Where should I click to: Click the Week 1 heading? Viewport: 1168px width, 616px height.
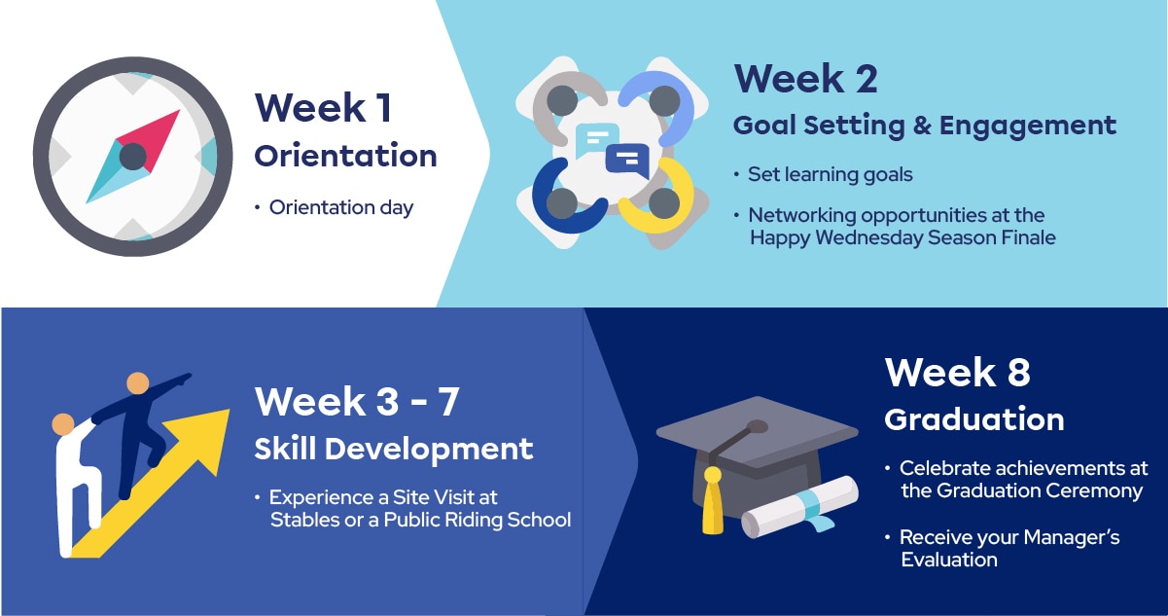click(x=324, y=108)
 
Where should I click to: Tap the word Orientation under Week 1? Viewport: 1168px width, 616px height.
click(x=345, y=156)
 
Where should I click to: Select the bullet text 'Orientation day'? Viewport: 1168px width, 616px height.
click(x=340, y=207)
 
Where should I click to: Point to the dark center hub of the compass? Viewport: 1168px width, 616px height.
click(x=133, y=156)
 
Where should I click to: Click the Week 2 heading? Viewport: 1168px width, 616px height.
click(x=805, y=79)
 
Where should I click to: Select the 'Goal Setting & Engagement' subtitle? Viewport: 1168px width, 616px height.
click(x=924, y=125)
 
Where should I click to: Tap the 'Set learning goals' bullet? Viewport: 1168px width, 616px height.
click(x=830, y=174)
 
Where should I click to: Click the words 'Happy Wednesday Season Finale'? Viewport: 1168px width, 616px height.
click(x=903, y=237)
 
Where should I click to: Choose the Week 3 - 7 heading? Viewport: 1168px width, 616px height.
click(x=357, y=401)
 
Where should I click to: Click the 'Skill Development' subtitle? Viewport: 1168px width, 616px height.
click(x=394, y=449)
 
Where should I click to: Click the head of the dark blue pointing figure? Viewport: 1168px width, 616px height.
click(x=138, y=383)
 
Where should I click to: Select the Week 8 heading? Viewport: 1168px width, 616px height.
click(x=957, y=372)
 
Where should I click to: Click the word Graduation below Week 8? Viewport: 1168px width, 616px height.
click(x=973, y=419)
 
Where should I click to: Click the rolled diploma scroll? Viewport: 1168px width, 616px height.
click(x=799, y=507)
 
